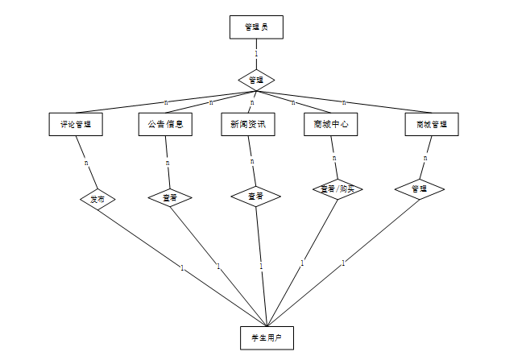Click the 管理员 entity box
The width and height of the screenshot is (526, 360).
tap(256, 27)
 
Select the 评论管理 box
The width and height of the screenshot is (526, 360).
tap(76, 124)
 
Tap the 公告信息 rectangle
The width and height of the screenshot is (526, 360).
tap(166, 124)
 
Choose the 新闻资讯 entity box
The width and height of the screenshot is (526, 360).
tap(248, 124)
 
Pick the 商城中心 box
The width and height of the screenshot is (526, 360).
tap(331, 124)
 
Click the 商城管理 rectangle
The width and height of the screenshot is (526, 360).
tap(431, 124)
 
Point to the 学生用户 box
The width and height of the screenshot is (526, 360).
tap(267, 337)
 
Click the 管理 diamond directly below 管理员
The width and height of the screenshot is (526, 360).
tap(256, 80)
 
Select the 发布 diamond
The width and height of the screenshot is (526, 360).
tap(97, 199)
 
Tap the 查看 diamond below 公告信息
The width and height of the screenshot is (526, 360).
tap(169, 197)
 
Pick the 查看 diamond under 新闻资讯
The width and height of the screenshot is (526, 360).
tap(255, 197)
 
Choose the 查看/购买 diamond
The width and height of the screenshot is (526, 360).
tap(338, 189)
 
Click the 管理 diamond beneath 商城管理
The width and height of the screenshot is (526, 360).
tap(420, 189)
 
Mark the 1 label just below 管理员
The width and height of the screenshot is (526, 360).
tap(256, 55)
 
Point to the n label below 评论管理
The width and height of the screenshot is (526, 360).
tap(86, 163)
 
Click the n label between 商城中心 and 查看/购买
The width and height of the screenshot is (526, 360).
tap(333, 159)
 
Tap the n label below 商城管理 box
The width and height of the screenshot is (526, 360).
tap(425, 158)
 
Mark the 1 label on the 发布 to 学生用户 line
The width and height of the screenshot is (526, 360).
tap(183, 267)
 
